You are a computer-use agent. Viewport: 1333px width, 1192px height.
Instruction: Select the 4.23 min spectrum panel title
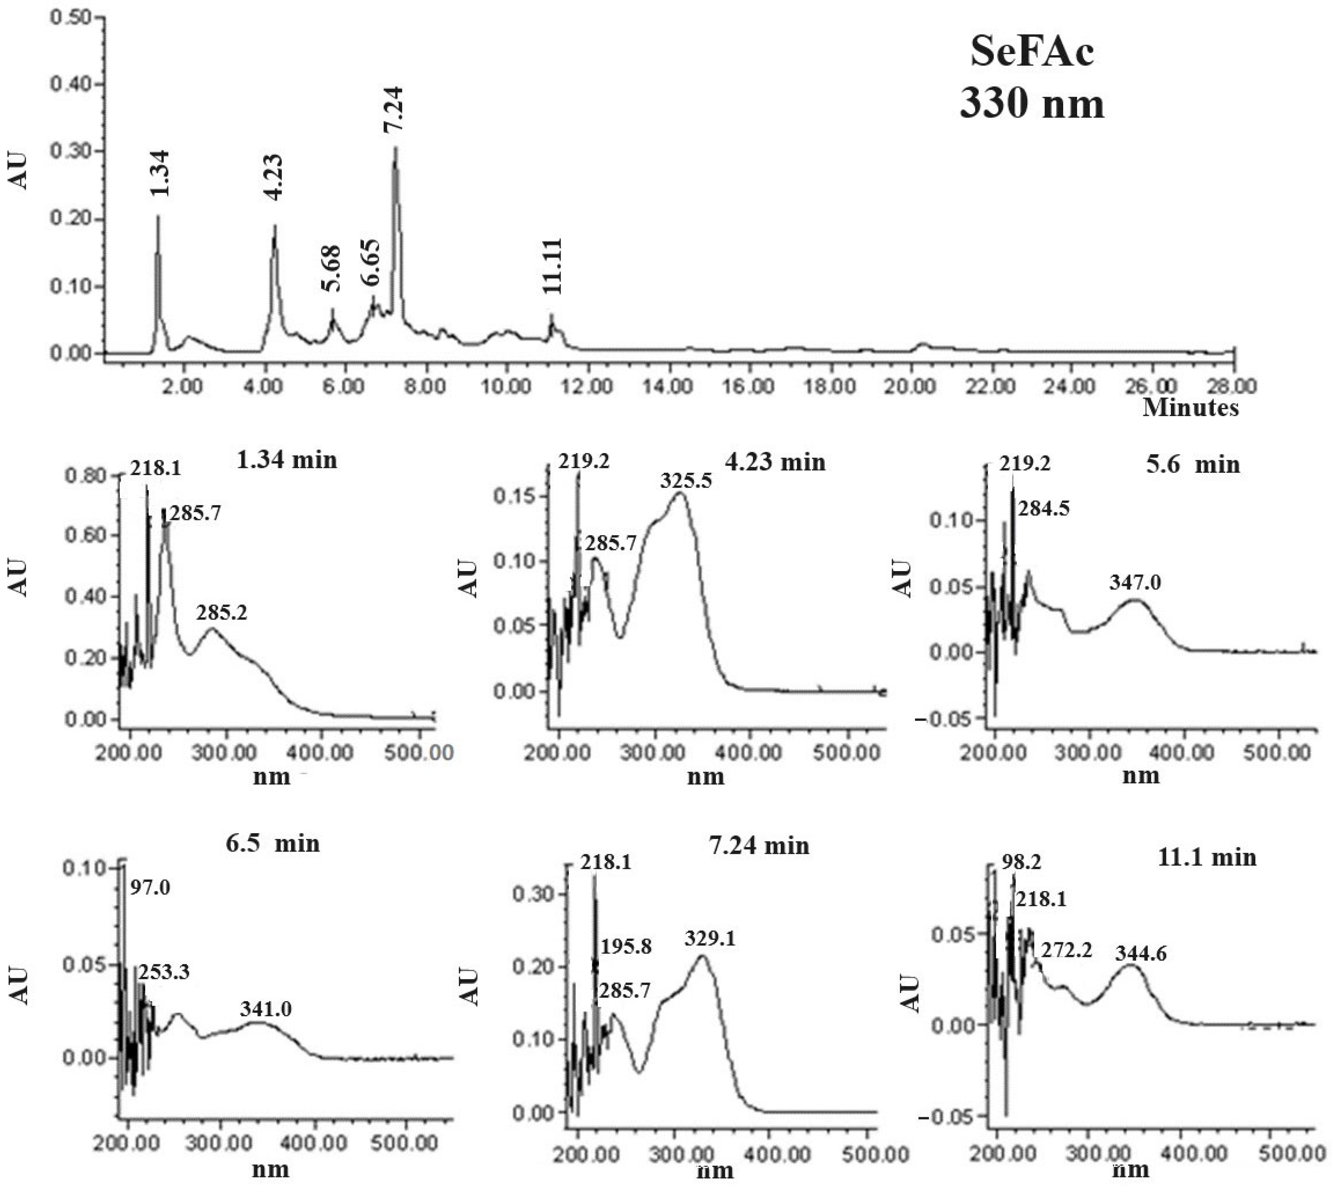pos(775,462)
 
